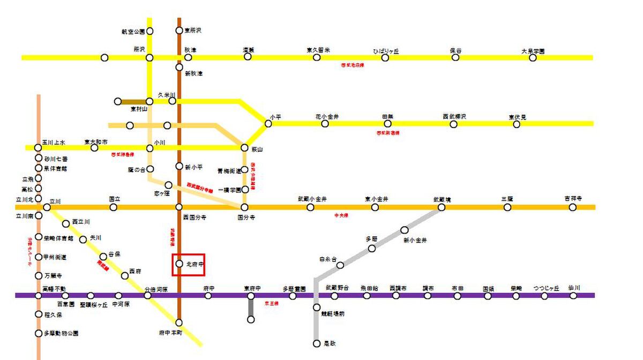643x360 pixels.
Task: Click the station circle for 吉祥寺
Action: (x=572, y=207)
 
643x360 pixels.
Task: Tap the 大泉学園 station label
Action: (x=533, y=51)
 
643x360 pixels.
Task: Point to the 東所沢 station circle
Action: (x=179, y=31)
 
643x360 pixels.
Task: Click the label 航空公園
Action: (x=134, y=32)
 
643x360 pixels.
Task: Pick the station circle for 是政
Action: (x=317, y=343)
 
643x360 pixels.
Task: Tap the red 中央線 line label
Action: (x=341, y=215)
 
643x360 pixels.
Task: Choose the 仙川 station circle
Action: (x=573, y=295)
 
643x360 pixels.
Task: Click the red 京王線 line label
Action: (x=272, y=303)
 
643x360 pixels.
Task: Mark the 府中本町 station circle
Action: (x=179, y=322)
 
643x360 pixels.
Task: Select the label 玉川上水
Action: (x=54, y=142)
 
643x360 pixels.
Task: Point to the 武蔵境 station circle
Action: (x=442, y=207)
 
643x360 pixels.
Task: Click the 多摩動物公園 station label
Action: (x=61, y=333)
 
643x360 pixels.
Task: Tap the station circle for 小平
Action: (x=268, y=123)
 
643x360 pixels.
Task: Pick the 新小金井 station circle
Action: (x=405, y=230)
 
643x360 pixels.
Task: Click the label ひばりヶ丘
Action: (x=386, y=51)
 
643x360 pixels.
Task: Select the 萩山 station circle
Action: (x=244, y=147)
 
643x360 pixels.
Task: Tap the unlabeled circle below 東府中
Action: (x=251, y=319)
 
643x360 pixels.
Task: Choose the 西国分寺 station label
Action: (x=195, y=217)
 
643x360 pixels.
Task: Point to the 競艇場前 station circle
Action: (x=317, y=307)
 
